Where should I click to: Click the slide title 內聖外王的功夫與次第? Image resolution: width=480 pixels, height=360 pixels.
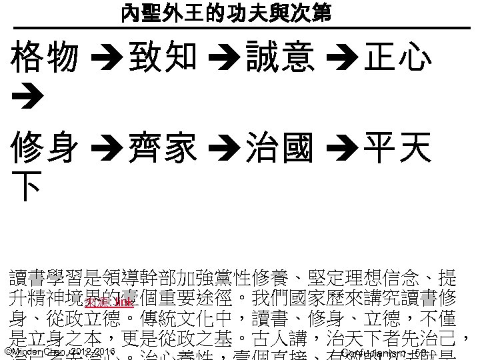coord(226,13)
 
